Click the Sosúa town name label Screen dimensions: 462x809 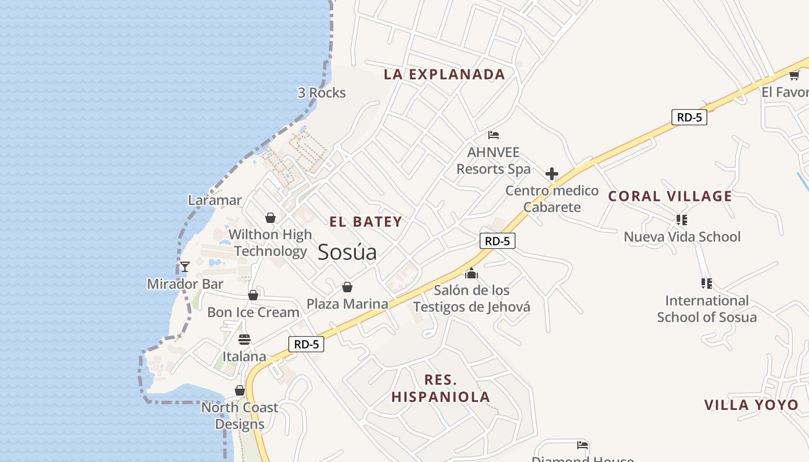(x=347, y=252)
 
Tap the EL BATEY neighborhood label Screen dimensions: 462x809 (x=366, y=222)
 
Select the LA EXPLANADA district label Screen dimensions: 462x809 (x=444, y=74)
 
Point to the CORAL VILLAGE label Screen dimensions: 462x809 (x=670, y=196)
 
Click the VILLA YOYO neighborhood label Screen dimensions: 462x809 (x=751, y=405)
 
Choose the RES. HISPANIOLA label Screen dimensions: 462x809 (x=441, y=388)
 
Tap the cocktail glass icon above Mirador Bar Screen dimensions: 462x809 (x=185, y=266)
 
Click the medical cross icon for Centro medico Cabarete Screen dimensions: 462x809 (x=552, y=174)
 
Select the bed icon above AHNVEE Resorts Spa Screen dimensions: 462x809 (x=493, y=135)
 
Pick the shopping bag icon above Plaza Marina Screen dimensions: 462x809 (x=347, y=287)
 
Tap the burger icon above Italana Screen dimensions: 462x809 (x=244, y=339)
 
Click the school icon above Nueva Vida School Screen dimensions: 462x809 (x=682, y=219)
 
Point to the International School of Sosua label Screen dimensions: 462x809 (x=706, y=308)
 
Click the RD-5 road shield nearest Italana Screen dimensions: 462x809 (x=306, y=344)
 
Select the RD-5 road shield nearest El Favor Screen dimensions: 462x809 (x=689, y=117)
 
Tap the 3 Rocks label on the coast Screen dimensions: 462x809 (x=322, y=92)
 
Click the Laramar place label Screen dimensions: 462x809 (x=215, y=200)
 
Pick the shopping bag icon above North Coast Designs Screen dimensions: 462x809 (x=240, y=391)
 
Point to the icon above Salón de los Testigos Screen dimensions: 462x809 (x=472, y=273)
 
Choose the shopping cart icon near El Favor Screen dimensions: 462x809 (x=794, y=75)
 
